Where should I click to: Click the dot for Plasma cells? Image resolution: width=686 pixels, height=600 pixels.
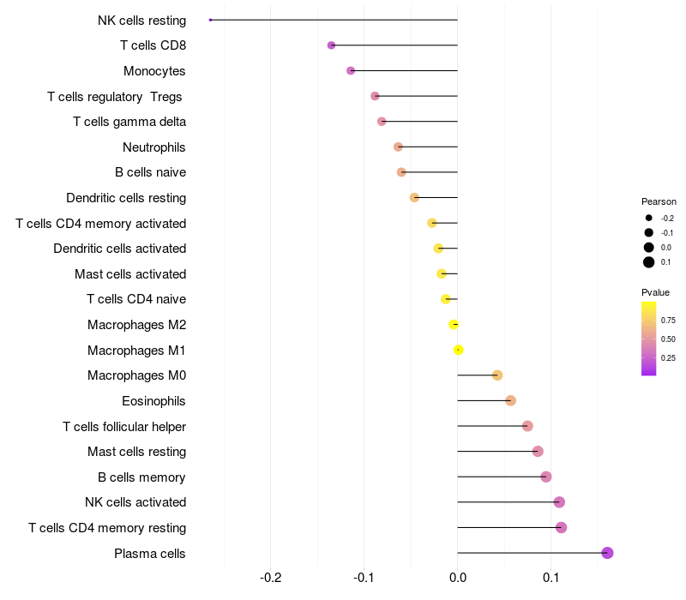(607, 553)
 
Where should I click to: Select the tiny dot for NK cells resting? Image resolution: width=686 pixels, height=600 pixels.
(210, 20)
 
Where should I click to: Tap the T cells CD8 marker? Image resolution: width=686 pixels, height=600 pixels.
(332, 45)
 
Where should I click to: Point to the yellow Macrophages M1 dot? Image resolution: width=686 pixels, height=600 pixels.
(459, 350)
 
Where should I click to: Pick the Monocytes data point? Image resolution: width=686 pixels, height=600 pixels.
(351, 70)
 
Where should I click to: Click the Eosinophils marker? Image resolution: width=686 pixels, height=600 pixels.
(511, 400)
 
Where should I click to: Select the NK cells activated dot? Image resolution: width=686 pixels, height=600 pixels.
(559, 502)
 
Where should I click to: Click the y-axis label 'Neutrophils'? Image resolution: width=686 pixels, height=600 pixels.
(154, 147)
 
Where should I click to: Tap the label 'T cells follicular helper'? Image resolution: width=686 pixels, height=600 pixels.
(124, 427)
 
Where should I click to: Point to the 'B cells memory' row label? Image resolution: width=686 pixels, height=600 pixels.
(141, 477)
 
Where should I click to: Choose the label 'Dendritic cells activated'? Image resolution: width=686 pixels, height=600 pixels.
(119, 249)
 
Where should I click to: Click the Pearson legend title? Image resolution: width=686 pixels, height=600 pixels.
(659, 201)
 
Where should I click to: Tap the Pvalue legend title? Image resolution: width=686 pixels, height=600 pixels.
(656, 292)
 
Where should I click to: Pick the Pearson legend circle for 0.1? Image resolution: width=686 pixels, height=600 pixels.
(649, 262)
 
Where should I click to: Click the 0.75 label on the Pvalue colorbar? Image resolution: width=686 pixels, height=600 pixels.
(668, 321)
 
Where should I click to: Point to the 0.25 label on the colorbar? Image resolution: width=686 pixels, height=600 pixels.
(668, 358)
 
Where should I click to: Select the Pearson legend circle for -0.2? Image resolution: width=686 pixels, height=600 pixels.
(649, 218)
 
